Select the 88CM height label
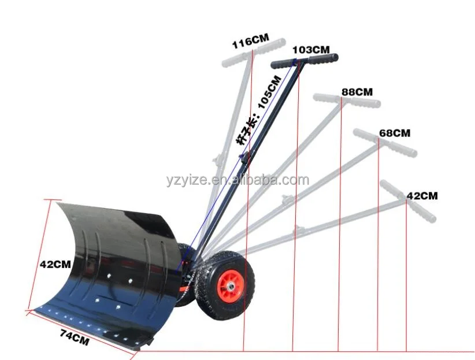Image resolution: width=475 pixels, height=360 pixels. [357, 92]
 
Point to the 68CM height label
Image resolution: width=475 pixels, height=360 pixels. [394, 132]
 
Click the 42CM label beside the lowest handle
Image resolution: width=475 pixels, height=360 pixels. [422, 196]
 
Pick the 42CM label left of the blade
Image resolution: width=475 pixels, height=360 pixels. [55, 264]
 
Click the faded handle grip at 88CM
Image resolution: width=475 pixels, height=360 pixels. [347, 100]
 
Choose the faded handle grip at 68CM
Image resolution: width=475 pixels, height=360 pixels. [384, 142]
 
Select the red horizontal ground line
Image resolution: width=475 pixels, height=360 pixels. [347, 351]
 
